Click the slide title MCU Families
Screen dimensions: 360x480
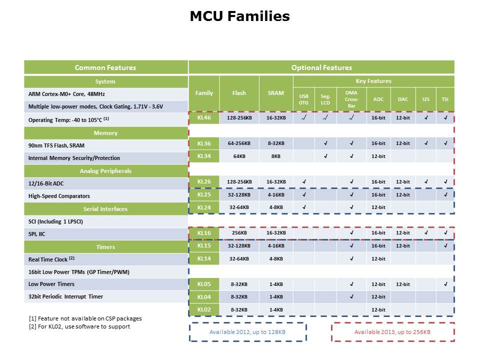tap(239, 16)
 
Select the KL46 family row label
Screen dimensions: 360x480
tap(204, 118)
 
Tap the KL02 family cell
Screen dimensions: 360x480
tap(204, 309)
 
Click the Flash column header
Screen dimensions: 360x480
tap(239, 93)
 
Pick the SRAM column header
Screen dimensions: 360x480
tap(275, 93)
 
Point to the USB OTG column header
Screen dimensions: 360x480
tap(303, 99)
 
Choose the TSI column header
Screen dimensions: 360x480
tap(444, 99)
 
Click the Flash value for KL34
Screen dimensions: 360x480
tap(239, 156)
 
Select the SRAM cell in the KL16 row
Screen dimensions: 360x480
tap(275, 233)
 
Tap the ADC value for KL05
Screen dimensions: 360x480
tap(378, 284)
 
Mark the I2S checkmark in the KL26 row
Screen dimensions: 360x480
tap(425, 182)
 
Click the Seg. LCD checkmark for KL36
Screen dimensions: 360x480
tap(325, 143)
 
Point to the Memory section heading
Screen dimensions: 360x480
tap(105, 133)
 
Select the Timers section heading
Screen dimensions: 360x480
tap(105, 247)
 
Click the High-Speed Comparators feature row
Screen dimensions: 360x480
tap(105, 196)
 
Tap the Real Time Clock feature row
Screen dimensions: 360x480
tap(105, 259)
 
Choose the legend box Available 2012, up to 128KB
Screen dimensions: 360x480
tap(247, 332)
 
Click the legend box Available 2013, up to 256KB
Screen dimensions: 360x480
tap(392, 332)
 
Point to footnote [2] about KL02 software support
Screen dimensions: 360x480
tap(79, 326)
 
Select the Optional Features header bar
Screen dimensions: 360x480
tap(321, 67)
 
